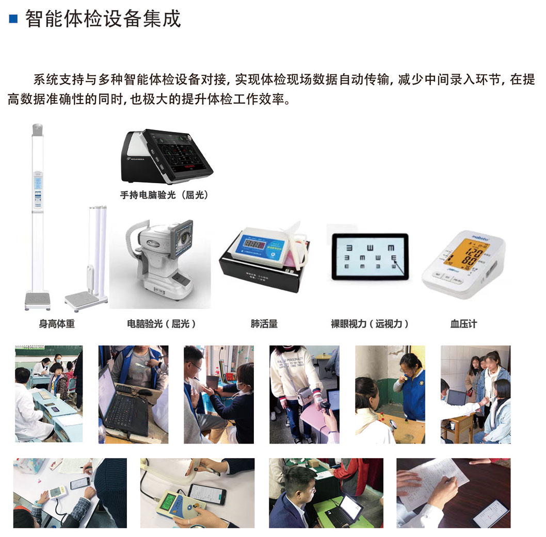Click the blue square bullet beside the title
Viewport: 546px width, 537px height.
click(x=13, y=20)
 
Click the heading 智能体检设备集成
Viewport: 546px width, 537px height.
click(x=103, y=19)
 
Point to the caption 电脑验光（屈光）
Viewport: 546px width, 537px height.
click(x=162, y=324)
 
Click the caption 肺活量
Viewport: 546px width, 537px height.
click(x=264, y=324)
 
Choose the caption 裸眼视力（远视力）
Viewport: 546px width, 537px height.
click(x=370, y=324)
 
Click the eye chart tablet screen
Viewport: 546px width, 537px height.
click(x=370, y=256)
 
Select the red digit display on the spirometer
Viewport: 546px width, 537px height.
click(x=252, y=244)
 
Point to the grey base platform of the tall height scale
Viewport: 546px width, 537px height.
click(x=38, y=300)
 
